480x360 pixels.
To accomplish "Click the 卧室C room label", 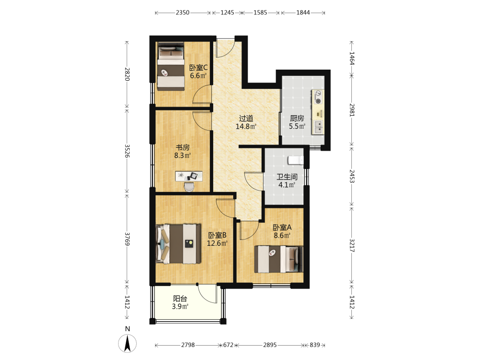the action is pyautogui.click(x=198, y=68).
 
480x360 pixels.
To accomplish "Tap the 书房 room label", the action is pyautogui.click(x=182, y=147).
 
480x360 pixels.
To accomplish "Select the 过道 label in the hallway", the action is pyautogui.click(x=246, y=119).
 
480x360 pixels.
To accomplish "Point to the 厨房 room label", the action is pyautogui.click(x=297, y=118).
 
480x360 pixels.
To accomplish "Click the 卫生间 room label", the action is pyautogui.click(x=287, y=177).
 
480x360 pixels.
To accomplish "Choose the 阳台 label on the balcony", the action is pyautogui.click(x=180, y=299).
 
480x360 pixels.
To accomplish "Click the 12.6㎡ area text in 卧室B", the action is pyautogui.click(x=217, y=243).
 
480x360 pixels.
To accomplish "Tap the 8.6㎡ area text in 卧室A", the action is pyautogui.click(x=282, y=235).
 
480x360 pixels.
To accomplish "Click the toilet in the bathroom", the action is pyautogui.click(x=296, y=160).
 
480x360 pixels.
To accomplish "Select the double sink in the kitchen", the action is pyautogui.click(x=318, y=127).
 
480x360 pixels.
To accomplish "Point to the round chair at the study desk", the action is pyautogui.click(x=189, y=187).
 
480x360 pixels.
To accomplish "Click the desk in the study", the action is pyautogui.click(x=189, y=176).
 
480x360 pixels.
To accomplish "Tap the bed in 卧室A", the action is pyautogui.click(x=279, y=259).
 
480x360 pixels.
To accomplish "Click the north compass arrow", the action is pyautogui.click(x=127, y=343).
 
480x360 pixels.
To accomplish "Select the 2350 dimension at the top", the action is pyautogui.click(x=182, y=12).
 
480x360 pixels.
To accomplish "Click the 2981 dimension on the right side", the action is pyautogui.click(x=352, y=110).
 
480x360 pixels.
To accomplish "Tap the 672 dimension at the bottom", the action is pyautogui.click(x=228, y=345).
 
